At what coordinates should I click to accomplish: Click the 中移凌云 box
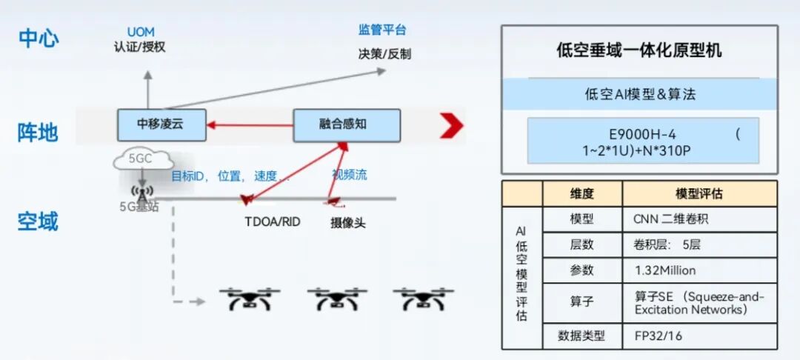click(x=161, y=125)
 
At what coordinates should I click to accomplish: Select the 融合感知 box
click(x=347, y=125)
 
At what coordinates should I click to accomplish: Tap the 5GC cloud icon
click(x=143, y=160)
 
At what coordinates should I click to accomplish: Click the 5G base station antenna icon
click(x=141, y=194)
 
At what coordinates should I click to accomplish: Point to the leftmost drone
click(x=250, y=299)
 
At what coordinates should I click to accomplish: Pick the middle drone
click(x=337, y=299)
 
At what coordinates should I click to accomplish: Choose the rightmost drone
click(x=423, y=299)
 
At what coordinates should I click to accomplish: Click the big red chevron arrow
click(x=452, y=125)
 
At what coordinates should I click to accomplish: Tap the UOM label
click(x=141, y=33)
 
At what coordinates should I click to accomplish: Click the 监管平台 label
click(x=383, y=30)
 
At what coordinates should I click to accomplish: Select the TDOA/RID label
click(x=273, y=221)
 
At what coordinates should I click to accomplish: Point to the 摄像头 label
click(x=348, y=223)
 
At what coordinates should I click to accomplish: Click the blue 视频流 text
click(x=350, y=176)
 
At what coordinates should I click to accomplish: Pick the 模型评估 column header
click(x=699, y=194)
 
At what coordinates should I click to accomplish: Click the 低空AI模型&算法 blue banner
click(x=640, y=94)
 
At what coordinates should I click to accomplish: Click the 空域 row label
click(x=38, y=221)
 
